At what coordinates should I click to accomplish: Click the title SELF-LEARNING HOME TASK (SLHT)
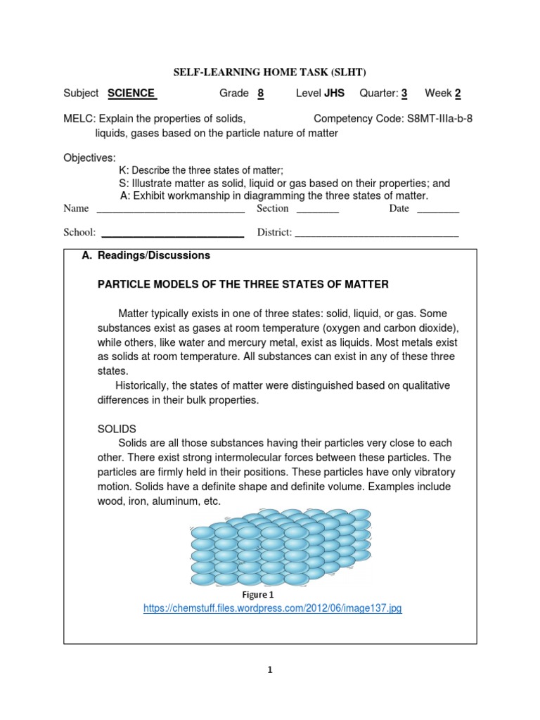(x=270, y=72)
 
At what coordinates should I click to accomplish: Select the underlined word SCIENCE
(x=132, y=94)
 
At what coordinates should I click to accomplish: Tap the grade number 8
(x=260, y=94)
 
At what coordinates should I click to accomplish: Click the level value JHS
(x=334, y=94)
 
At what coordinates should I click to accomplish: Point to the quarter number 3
(x=404, y=94)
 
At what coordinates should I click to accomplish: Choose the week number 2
(x=458, y=94)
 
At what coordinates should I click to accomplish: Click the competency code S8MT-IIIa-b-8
(x=430, y=119)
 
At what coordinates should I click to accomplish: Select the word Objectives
(x=90, y=157)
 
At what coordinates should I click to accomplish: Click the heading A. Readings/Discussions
(x=146, y=256)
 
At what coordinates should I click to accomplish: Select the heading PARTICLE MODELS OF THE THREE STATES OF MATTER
(x=243, y=284)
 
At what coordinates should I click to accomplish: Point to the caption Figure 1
(x=258, y=595)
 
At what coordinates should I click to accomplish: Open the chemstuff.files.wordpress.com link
(x=272, y=609)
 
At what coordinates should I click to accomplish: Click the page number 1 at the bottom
(x=269, y=671)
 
